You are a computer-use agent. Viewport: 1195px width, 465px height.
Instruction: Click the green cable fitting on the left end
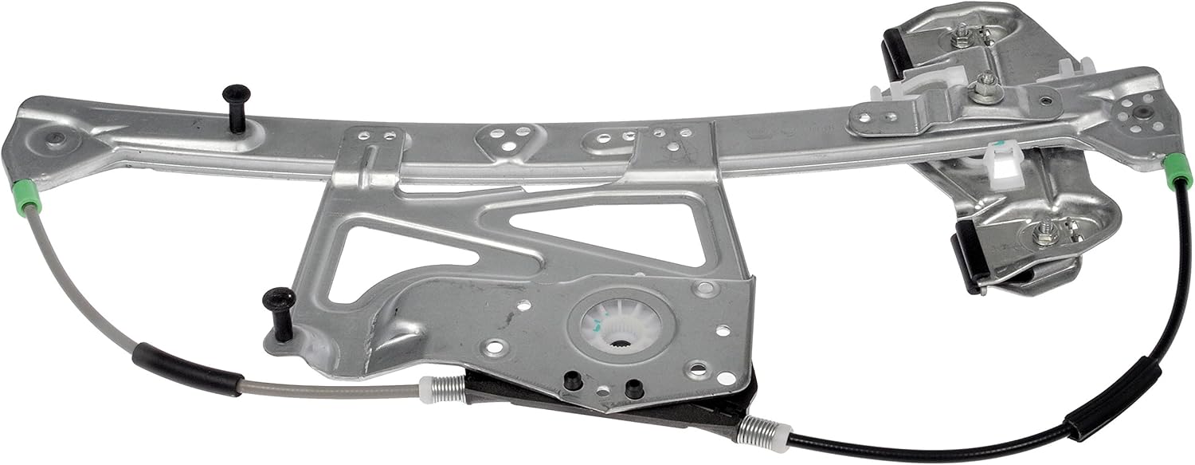click(x=29, y=196)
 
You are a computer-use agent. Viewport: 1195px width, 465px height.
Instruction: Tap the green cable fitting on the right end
click(x=1177, y=171)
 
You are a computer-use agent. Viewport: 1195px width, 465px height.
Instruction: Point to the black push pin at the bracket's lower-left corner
click(x=280, y=309)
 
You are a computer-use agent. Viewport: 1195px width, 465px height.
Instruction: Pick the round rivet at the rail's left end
click(x=55, y=140)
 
